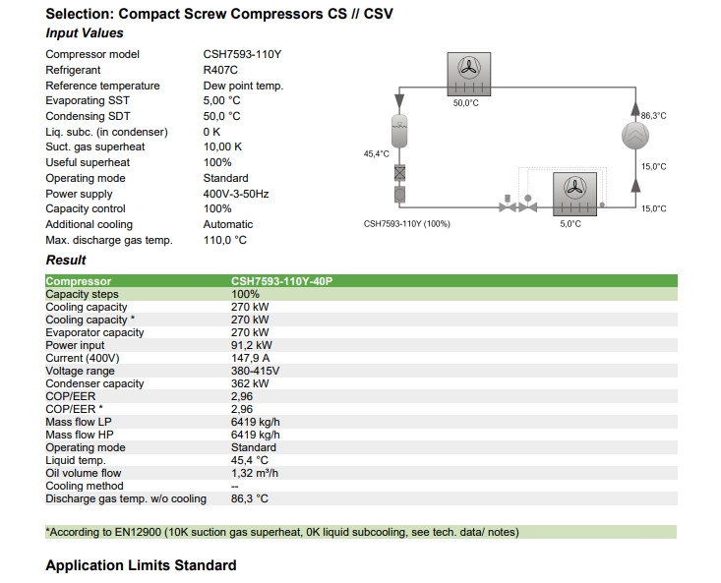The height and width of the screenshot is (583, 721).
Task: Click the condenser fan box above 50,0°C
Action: (x=469, y=74)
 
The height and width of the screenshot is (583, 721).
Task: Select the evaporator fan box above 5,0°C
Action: (x=574, y=194)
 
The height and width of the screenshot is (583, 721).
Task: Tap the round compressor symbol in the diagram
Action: (x=635, y=136)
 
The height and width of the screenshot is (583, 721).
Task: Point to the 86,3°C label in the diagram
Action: (x=653, y=116)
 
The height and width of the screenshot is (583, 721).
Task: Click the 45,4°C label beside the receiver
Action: (x=376, y=154)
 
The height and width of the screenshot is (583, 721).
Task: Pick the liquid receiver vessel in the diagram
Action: (x=399, y=132)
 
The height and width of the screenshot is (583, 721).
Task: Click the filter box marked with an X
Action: (x=400, y=173)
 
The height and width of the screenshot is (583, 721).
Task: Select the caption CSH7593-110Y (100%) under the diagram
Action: (x=407, y=224)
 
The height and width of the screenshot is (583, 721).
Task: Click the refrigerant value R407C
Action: (x=220, y=70)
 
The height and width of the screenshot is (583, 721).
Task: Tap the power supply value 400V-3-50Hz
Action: (x=236, y=194)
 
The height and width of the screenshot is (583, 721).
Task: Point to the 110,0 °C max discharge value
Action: (x=225, y=240)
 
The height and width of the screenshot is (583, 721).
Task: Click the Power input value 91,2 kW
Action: (x=252, y=345)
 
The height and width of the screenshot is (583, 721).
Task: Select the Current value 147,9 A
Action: (x=251, y=358)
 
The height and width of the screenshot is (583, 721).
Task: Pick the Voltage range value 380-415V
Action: (x=255, y=371)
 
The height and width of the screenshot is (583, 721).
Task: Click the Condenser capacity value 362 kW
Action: (x=250, y=383)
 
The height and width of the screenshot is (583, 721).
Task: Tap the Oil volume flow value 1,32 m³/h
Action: (x=255, y=473)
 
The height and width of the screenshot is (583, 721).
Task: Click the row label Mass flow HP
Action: (x=80, y=435)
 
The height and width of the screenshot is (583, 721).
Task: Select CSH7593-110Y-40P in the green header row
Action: (x=282, y=281)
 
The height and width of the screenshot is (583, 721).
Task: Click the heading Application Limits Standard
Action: (x=142, y=565)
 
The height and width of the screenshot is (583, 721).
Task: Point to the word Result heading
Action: (x=66, y=260)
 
